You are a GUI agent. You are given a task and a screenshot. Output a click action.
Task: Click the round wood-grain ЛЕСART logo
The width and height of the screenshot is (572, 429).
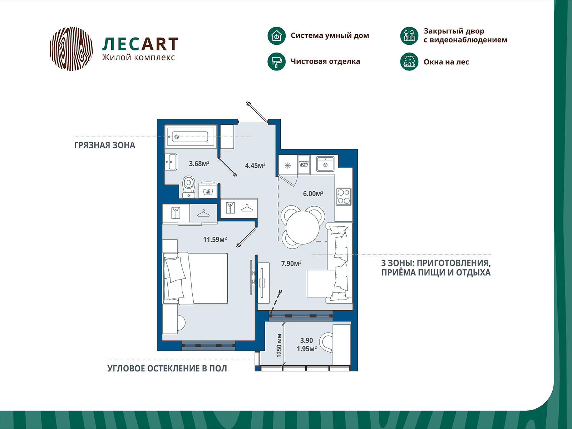[x=71, y=49]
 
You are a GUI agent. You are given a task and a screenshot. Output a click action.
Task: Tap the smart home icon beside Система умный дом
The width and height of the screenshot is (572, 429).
[x=276, y=36]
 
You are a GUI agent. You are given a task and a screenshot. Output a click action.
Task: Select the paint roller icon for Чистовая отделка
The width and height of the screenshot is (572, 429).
[x=276, y=61]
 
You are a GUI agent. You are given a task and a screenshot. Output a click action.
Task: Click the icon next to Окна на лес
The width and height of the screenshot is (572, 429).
[x=409, y=62]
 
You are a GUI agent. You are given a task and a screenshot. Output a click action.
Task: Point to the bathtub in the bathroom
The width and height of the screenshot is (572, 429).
[x=190, y=137]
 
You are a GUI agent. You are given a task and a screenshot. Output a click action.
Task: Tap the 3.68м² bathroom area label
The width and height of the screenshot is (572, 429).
[x=199, y=164]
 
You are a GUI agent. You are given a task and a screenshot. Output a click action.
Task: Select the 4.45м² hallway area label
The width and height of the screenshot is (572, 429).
[x=255, y=166]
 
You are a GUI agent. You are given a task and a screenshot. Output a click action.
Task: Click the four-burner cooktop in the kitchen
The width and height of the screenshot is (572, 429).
[x=344, y=197]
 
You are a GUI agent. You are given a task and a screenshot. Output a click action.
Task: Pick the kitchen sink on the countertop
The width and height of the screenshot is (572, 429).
[x=325, y=164]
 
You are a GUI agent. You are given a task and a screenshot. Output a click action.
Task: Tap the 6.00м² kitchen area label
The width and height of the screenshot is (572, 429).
[x=313, y=194]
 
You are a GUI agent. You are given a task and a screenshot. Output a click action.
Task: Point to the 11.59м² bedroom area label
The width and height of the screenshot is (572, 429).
[x=215, y=240]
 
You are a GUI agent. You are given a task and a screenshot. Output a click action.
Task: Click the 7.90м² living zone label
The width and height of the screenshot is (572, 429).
[x=291, y=263]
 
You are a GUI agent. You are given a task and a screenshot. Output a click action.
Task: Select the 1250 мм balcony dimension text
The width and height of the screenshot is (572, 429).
[x=279, y=345]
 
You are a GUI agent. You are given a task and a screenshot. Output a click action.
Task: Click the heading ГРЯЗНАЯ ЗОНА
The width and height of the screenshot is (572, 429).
[x=104, y=146]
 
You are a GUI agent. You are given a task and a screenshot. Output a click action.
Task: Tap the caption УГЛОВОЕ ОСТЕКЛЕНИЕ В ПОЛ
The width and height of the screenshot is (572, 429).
[x=167, y=369]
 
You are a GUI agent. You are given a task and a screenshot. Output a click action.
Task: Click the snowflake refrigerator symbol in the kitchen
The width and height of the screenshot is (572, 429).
[x=288, y=165]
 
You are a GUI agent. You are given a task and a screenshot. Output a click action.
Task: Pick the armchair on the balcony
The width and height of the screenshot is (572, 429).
[x=326, y=342]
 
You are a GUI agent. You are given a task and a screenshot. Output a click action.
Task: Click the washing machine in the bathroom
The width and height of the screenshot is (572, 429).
[x=208, y=190]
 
